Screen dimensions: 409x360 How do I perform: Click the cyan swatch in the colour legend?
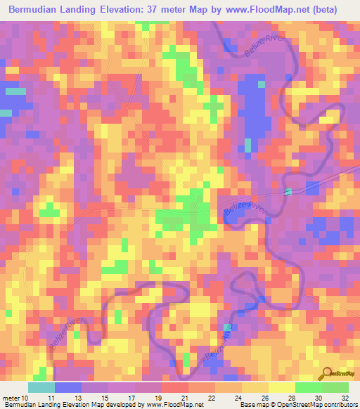coord(41,388)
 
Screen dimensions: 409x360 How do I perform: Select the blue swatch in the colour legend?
coord(68,388)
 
